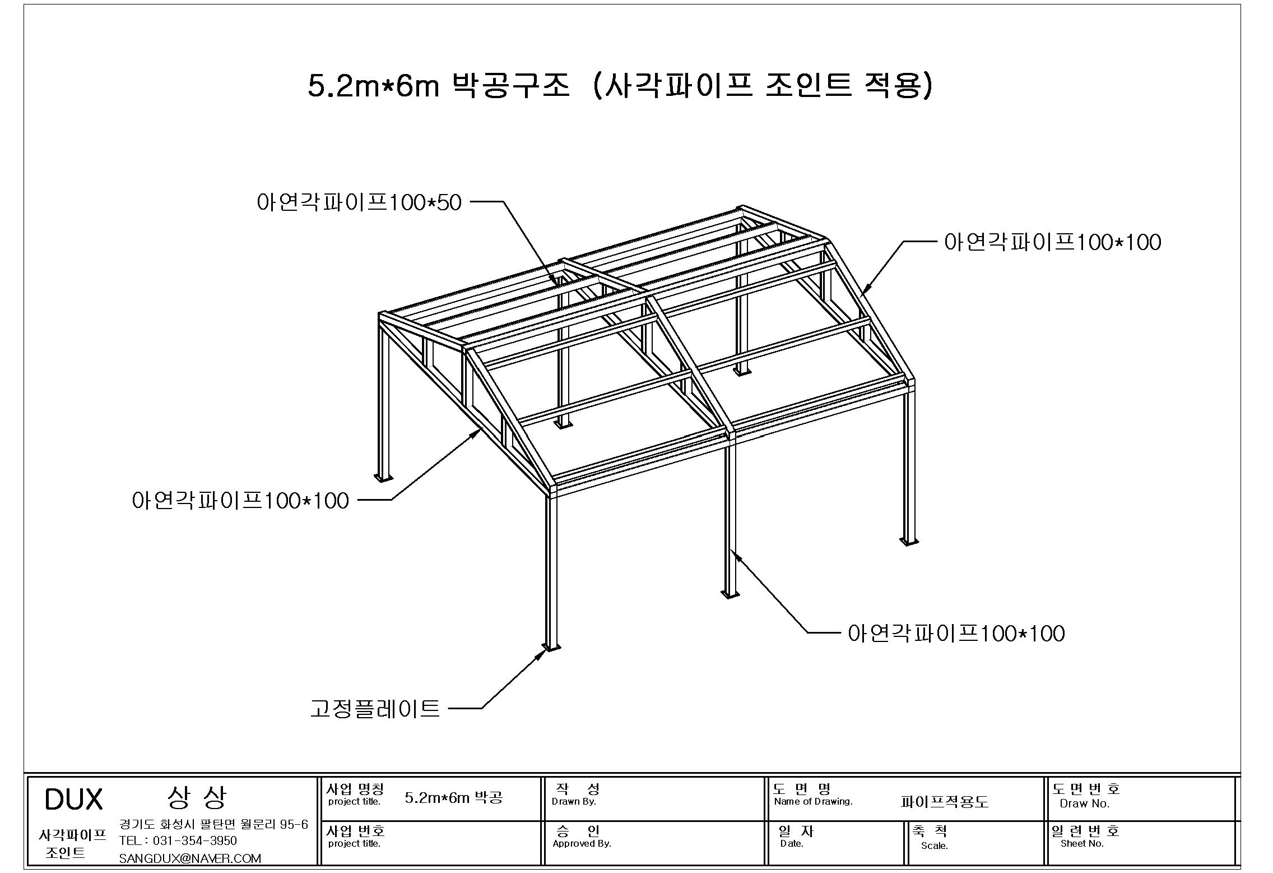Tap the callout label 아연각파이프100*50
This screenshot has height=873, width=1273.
tap(359, 202)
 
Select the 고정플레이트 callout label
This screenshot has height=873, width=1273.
tap(375, 709)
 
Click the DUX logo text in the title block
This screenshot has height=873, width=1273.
tap(73, 800)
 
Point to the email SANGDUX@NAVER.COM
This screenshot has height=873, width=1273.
tap(190, 858)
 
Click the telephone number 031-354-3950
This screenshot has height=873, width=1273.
tap(194, 841)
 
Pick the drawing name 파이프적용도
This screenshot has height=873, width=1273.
tap(944, 802)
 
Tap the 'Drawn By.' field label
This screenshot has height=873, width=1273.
tap(574, 802)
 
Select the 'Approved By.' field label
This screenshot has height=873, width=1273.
tap(582, 844)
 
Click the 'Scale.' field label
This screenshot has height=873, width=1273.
tap(935, 846)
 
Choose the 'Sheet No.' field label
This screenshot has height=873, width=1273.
tap(1082, 843)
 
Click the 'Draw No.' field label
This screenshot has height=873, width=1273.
tap(1085, 803)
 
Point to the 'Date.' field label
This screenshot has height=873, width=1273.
tap(792, 844)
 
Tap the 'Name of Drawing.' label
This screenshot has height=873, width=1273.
tap(814, 802)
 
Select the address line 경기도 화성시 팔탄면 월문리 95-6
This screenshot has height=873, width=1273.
tap(213, 824)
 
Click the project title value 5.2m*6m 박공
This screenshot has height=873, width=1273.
tap(454, 797)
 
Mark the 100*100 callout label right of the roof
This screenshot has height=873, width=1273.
tap(1053, 242)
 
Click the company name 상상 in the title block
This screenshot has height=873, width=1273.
tap(197, 798)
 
